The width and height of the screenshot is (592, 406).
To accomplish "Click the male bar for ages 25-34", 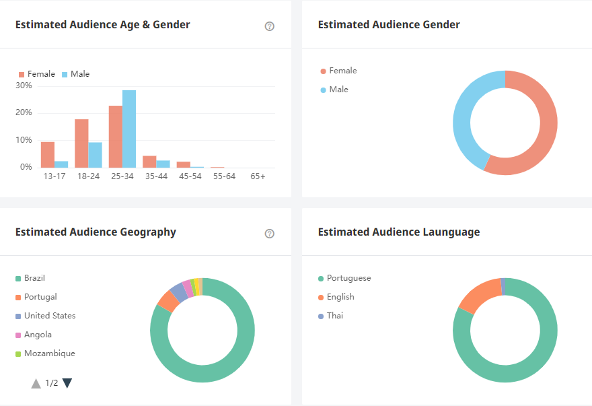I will click(x=129, y=129).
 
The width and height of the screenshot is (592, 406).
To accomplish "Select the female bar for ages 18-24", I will click(x=81, y=143).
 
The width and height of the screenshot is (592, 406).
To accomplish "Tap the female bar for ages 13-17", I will click(x=47, y=154).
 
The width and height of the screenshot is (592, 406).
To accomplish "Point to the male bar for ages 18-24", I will click(x=95, y=155).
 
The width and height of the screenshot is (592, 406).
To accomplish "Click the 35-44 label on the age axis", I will click(x=156, y=176).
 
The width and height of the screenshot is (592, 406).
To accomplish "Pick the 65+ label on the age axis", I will click(x=258, y=176).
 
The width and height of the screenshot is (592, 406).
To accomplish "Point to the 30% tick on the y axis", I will click(x=24, y=86).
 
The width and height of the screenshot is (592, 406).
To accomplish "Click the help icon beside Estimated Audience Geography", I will click(x=270, y=234).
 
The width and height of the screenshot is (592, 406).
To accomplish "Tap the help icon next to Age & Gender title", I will click(x=270, y=26).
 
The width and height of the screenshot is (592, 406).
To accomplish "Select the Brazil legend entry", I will click(x=34, y=278).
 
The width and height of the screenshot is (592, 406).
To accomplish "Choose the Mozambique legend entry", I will click(x=49, y=353).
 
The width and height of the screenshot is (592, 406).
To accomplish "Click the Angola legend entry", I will click(x=38, y=335).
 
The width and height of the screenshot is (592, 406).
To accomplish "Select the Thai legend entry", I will click(x=334, y=316).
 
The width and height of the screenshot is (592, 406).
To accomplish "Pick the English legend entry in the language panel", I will click(x=340, y=297).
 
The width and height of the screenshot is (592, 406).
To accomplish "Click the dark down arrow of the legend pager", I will click(x=67, y=383).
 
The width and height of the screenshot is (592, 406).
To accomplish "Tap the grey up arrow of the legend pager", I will click(x=36, y=383).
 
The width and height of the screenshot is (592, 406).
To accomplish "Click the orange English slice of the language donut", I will click(x=480, y=294).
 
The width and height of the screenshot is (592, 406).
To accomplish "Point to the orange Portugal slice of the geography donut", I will click(x=168, y=301).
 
